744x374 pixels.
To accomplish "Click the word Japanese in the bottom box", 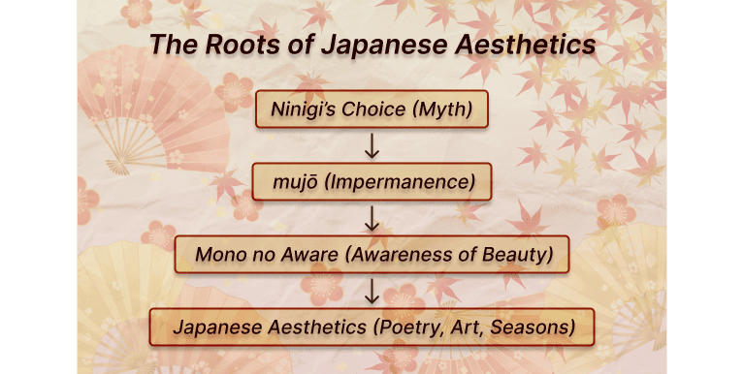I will (212, 327).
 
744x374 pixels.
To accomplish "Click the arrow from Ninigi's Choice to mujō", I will (371, 145).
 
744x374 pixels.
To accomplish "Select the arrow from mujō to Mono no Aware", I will (371, 218).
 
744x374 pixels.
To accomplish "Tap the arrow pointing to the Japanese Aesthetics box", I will (371, 291).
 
